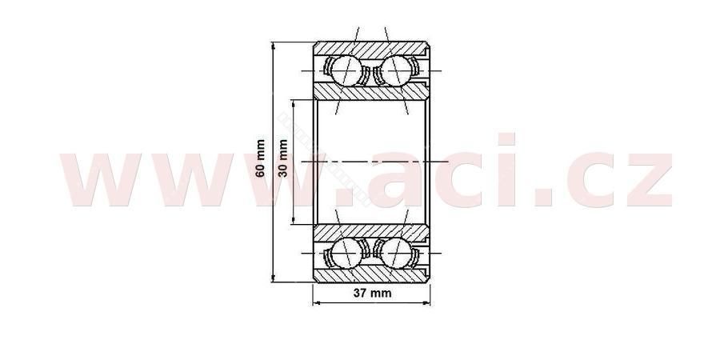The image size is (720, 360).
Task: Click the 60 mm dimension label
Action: (x=260, y=158)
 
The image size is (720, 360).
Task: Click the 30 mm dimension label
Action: (x=283, y=158)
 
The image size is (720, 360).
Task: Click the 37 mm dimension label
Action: (x=372, y=293)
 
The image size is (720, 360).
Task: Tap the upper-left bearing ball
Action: (x=346, y=70)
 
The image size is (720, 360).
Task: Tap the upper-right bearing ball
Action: (x=395, y=70)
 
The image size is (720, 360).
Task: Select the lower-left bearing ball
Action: (x=346, y=253)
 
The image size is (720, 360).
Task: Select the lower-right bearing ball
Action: (x=395, y=253)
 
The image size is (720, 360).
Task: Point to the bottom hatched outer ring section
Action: (x=371, y=274)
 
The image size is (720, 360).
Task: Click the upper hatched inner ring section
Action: (x=371, y=92)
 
